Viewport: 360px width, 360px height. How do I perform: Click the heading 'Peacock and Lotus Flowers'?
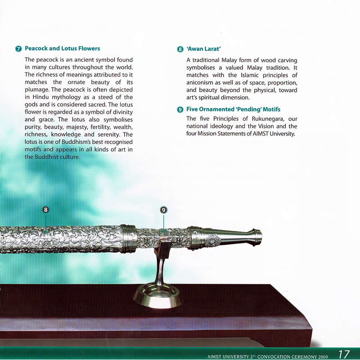(x=62, y=49)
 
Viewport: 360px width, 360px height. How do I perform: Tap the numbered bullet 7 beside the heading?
(x=18, y=49)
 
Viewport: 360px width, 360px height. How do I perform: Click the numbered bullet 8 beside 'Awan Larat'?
(x=180, y=49)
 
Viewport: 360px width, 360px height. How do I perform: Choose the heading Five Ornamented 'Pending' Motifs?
(x=233, y=109)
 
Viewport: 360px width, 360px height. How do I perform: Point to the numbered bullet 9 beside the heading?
(x=180, y=109)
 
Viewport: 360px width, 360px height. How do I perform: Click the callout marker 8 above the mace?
(x=46, y=210)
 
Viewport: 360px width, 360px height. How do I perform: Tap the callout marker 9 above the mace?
(x=163, y=210)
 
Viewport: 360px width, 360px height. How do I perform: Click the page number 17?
(x=344, y=354)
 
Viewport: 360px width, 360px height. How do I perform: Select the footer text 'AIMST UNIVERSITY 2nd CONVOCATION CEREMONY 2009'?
(x=267, y=356)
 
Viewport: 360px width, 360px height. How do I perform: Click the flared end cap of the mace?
(x=257, y=238)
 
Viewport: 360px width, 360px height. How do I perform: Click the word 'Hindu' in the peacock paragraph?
(x=40, y=97)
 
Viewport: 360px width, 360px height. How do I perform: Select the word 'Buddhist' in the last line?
(x=46, y=157)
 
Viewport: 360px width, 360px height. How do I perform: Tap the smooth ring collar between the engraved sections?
(x=128, y=239)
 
